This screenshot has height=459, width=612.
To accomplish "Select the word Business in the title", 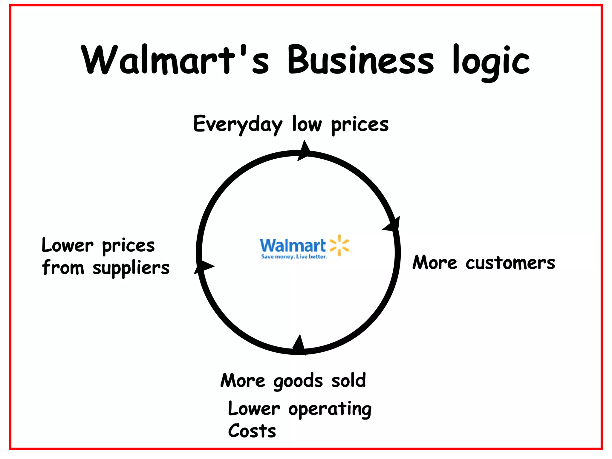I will pos(360,60).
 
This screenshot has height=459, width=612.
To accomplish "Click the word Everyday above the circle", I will pos(238,124).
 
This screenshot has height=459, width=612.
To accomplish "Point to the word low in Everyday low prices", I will pos(307,124).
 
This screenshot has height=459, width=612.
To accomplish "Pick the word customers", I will pos(510,263).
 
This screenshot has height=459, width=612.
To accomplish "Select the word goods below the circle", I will pos(298,381).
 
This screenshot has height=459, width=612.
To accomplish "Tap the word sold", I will pos(348,380).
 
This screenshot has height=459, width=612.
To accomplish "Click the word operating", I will pos(330,409).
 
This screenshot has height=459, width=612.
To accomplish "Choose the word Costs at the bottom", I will pos(252,431).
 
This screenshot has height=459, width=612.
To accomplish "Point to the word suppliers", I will pos(131,268).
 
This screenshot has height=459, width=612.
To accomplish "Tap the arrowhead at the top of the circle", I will pos(304,150).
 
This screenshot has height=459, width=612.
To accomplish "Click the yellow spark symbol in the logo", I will pos(339,245).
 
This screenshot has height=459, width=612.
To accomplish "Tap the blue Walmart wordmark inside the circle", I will pos(293,246).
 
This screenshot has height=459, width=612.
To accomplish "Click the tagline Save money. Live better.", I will pos(294,257).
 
